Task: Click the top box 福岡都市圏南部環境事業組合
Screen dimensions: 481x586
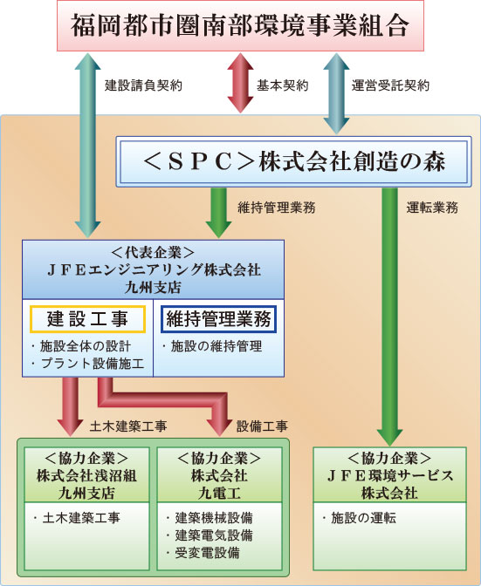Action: (x=240, y=25)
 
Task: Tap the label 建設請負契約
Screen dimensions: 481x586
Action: (x=144, y=85)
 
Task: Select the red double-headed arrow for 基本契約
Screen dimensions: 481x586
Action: (x=241, y=83)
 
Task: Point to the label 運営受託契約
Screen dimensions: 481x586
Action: (x=390, y=85)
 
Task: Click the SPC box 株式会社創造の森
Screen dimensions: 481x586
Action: (x=293, y=161)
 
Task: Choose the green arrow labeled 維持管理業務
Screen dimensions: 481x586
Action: (x=219, y=212)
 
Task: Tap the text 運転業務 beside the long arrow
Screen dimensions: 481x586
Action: (x=432, y=208)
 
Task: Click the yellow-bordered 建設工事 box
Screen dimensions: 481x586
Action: (x=87, y=319)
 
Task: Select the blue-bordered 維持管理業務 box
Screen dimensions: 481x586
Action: (x=219, y=319)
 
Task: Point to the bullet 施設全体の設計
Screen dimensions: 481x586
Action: (x=81, y=346)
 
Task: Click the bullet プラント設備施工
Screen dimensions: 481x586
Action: (x=88, y=364)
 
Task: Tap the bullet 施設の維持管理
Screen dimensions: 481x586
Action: (x=212, y=346)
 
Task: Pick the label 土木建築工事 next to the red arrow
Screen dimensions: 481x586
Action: (x=128, y=426)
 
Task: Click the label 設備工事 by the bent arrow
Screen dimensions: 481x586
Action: (x=262, y=426)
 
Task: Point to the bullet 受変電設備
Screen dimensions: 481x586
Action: (x=203, y=553)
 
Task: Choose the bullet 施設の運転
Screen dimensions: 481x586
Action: (x=359, y=518)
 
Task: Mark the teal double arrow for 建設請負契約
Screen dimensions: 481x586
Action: (x=87, y=146)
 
